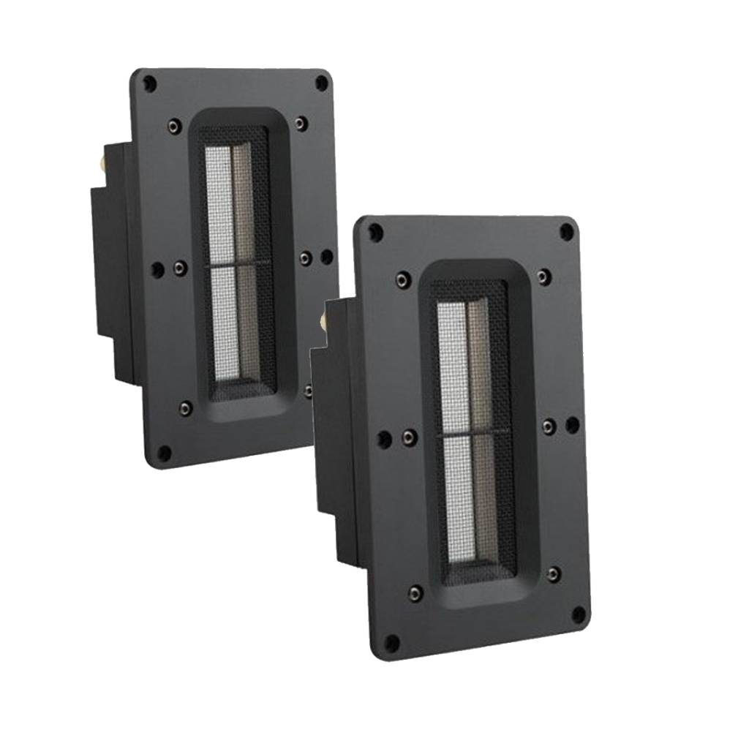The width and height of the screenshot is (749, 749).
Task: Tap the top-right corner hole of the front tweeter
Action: coord(566,233)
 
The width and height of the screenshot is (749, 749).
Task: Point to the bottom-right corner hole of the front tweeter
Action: coord(579,613)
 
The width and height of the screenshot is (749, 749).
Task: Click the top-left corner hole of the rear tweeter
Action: coord(149,83)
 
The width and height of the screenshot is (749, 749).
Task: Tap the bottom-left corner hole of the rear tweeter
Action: coord(165,452)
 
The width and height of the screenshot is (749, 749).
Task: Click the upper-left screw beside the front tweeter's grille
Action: coord(402,279)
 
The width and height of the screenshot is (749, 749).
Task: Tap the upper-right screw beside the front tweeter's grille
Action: coord(542,275)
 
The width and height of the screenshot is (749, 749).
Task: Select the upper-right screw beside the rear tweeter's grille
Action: coord(301,122)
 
